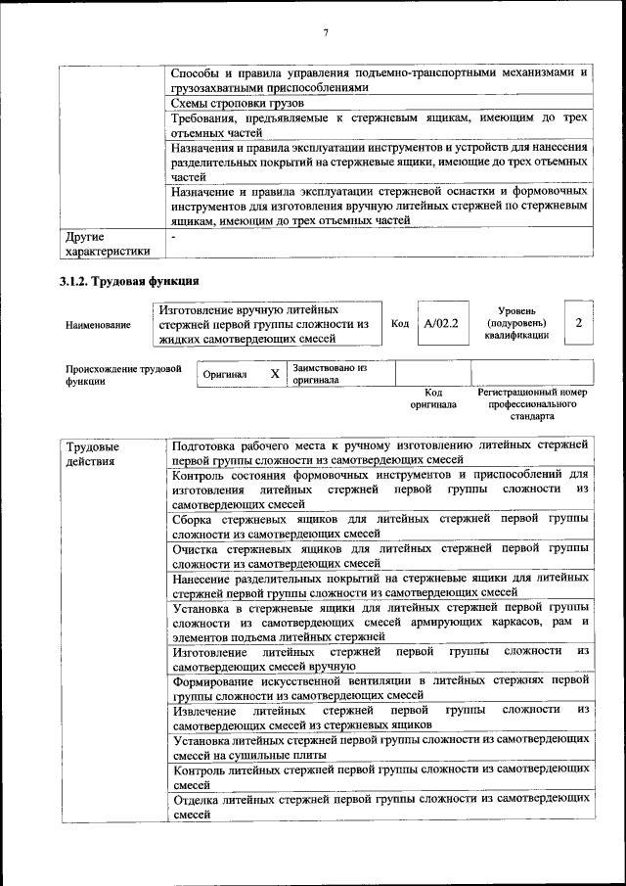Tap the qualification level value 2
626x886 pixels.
(579, 323)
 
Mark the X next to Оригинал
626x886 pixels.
(275, 374)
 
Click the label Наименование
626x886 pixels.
(98, 324)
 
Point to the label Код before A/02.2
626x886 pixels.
(399, 323)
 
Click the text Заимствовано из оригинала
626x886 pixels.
(328, 374)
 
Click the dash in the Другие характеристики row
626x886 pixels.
(173, 237)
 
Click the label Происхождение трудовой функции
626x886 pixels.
(123, 375)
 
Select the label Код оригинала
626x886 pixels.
(432, 397)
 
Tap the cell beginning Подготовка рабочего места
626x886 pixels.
(380, 452)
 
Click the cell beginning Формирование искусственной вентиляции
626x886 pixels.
(380, 687)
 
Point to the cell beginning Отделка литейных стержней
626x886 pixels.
(380, 807)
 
